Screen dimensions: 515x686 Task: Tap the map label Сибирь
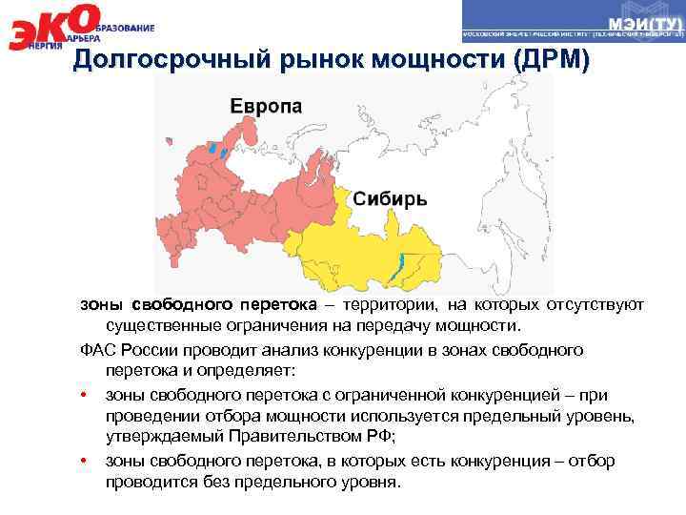click(391, 199)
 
